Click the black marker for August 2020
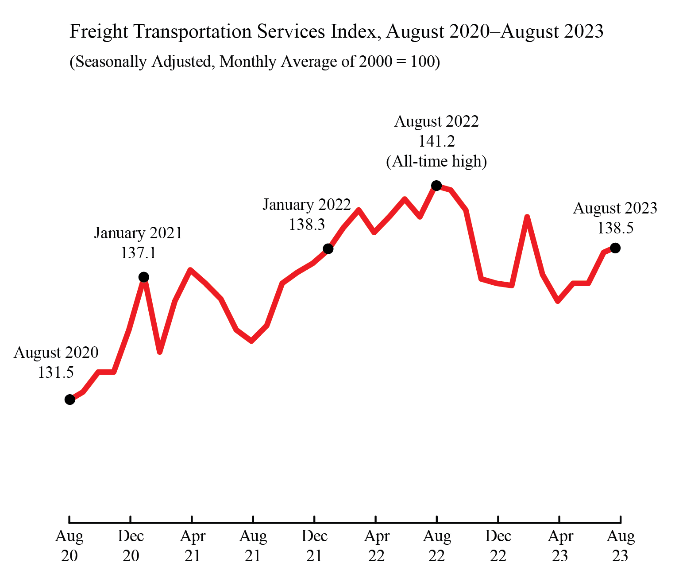click(x=70, y=400)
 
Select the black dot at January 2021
click(x=144, y=277)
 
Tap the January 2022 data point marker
click(x=328, y=249)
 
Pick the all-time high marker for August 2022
click(x=436, y=185)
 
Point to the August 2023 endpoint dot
click(x=615, y=248)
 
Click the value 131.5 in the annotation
click(x=56, y=372)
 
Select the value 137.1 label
click(x=138, y=253)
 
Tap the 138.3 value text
click(x=307, y=225)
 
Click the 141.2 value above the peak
click(x=436, y=141)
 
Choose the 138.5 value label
click(x=615, y=228)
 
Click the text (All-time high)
click(x=436, y=161)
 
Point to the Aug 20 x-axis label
click(x=69, y=546)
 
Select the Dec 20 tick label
click(x=131, y=546)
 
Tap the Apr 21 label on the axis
click(x=193, y=546)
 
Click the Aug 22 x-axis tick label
click(x=437, y=546)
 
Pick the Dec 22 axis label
click(x=498, y=546)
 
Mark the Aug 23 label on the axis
click(x=621, y=546)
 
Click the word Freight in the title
click(x=99, y=32)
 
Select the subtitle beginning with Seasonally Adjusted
click(x=255, y=62)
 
